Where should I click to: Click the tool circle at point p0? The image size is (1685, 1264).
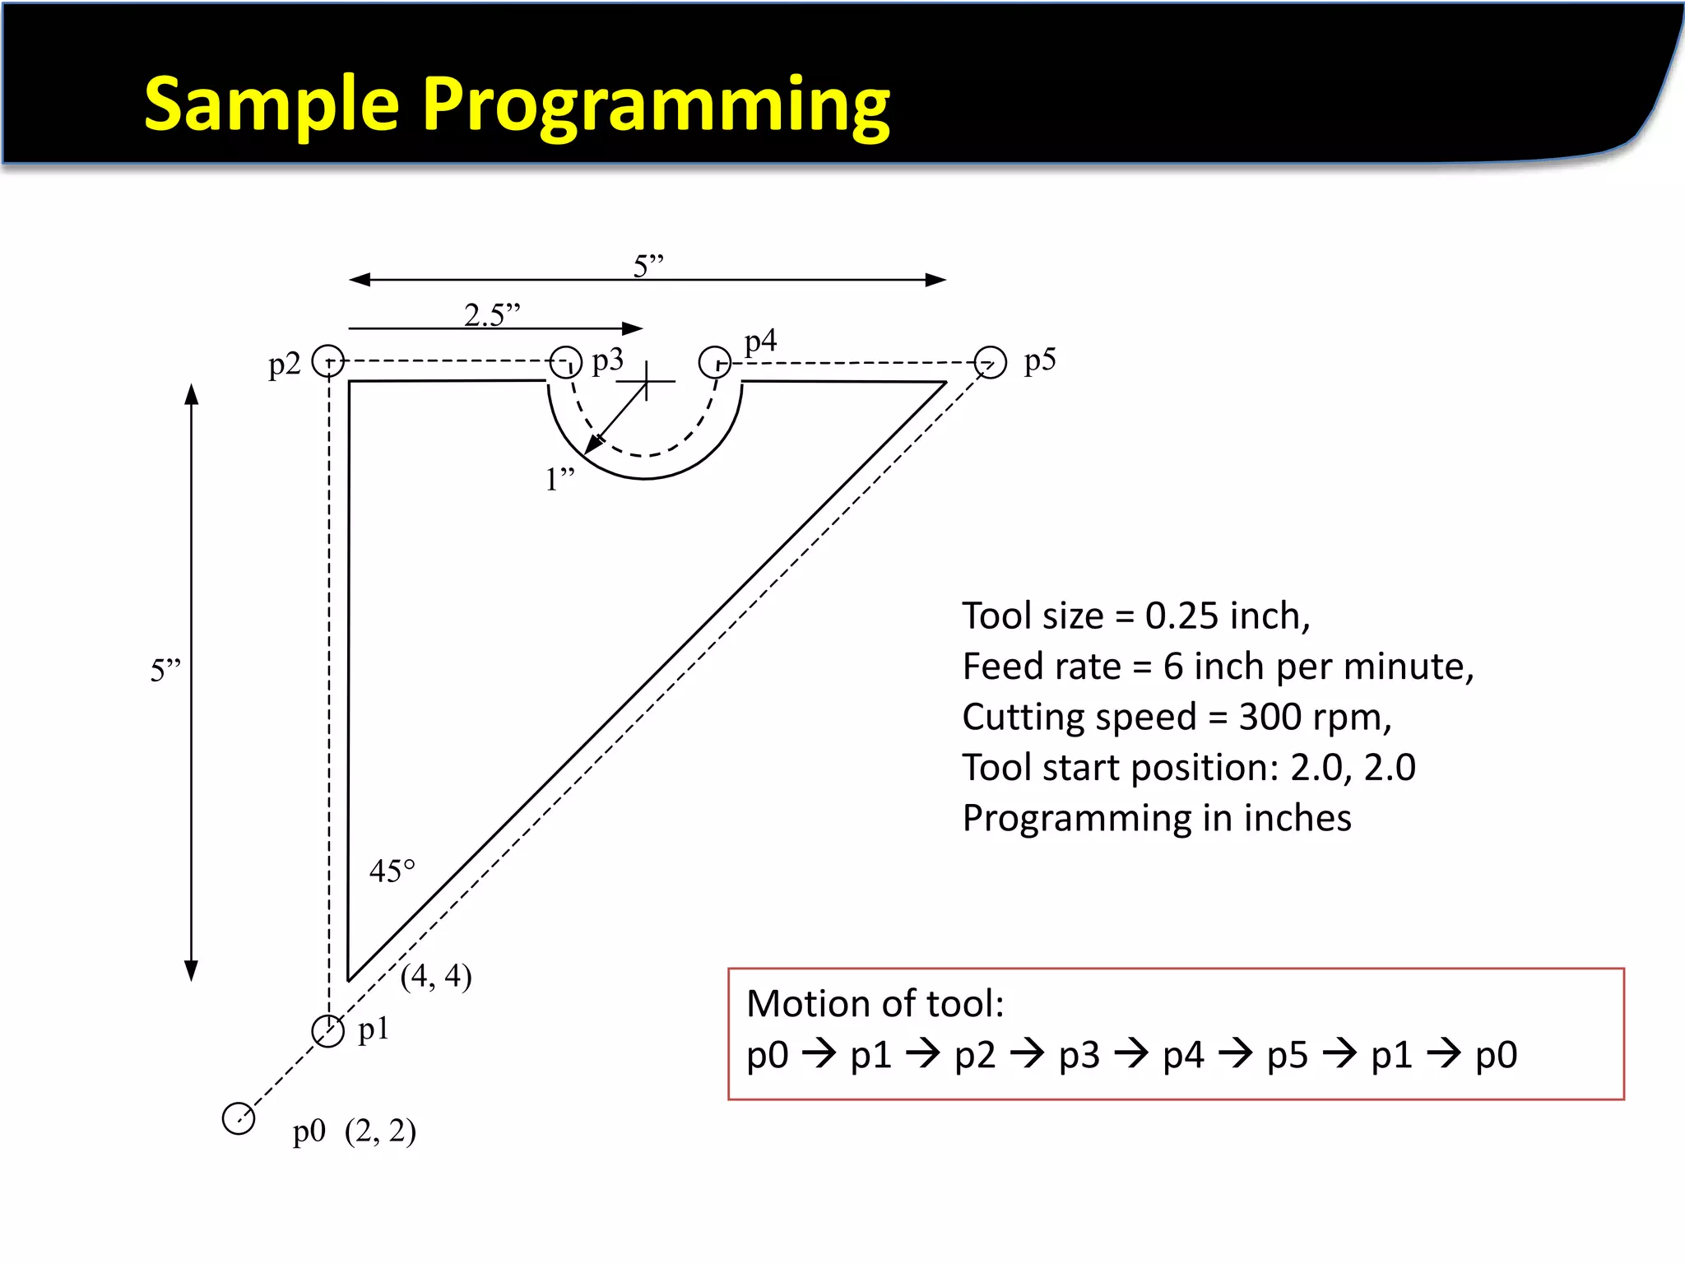coord(239,1118)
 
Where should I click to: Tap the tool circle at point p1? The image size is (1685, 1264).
coord(327,1030)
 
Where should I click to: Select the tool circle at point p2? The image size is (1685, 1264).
coord(328,361)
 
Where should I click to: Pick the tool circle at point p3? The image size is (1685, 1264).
coord(565,361)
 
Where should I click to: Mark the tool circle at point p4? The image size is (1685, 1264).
coord(714,361)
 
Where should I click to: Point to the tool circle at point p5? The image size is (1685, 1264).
coord(990,362)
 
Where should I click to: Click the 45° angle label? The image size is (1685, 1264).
coord(392,871)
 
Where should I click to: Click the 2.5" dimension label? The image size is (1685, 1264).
coord(492,314)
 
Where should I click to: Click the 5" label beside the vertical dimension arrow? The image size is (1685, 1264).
coord(165,671)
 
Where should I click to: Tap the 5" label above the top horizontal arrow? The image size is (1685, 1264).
coord(648,266)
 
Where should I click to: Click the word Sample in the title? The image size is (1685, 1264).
coord(272,105)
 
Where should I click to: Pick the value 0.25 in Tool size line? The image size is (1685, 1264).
coord(1181,616)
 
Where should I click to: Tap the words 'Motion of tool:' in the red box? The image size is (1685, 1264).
coord(875,1004)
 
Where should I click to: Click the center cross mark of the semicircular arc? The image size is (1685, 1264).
coord(647,381)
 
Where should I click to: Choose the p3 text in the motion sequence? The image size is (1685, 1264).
coord(1079,1055)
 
